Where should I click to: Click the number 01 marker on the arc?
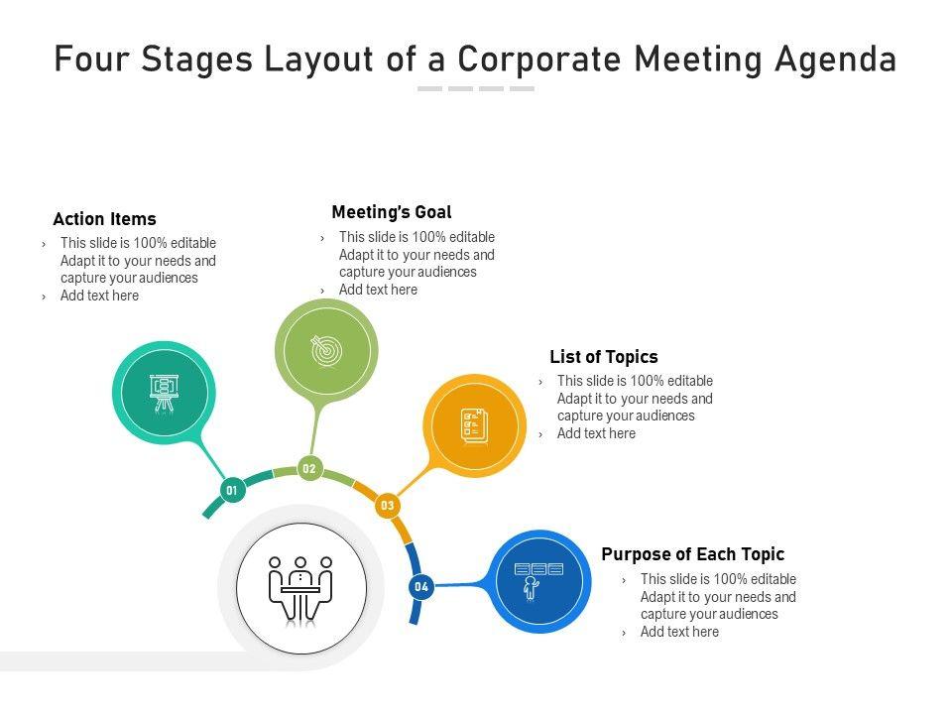point(232,489)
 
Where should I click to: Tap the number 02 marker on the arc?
point(309,468)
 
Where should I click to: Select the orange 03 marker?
point(387,506)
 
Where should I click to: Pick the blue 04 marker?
point(421,586)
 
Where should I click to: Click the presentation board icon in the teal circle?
point(163,393)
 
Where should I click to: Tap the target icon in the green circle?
point(326,349)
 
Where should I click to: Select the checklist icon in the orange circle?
point(474,424)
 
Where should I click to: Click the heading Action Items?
point(104,219)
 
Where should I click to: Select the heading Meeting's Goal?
point(392,212)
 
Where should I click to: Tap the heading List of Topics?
point(604,357)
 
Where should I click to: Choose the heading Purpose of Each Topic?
point(693,554)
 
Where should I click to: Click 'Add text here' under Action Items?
point(99,296)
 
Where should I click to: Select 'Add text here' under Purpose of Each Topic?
point(679,632)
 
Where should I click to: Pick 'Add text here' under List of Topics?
point(596,433)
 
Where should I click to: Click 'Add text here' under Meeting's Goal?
point(378,290)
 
